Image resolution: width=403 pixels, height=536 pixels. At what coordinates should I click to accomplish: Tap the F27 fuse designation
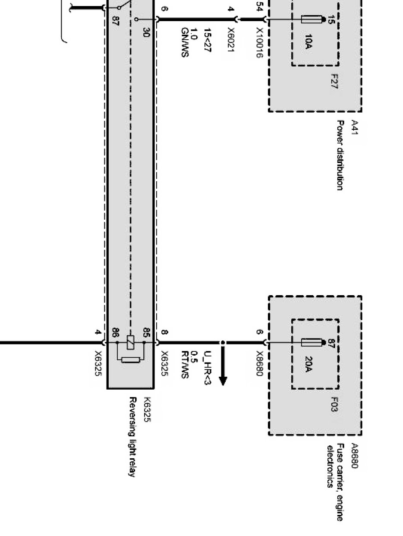[334, 82]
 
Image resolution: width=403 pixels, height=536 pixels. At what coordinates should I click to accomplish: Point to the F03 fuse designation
[334, 404]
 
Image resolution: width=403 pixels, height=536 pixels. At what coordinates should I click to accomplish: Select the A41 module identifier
[354, 128]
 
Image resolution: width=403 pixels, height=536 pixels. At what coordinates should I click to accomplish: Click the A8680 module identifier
[354, 456]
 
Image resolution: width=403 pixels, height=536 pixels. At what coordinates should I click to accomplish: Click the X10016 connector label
[259, 43]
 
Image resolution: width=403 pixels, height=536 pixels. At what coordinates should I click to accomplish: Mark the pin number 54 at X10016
[259, 7]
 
